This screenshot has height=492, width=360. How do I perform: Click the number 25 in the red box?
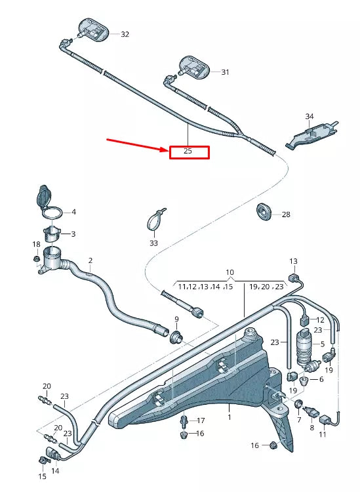pyautogui.click(x=188, y=152)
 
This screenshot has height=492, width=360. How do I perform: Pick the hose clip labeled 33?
pyautogui.click(x=155, y=220)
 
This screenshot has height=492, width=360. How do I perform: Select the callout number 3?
pyautogui.click(x=73, y=234)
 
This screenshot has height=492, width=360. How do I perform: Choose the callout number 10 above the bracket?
pyautogui.click(x=230, y=272)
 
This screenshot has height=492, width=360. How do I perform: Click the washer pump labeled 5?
pyautogui.click(x=304, y=346)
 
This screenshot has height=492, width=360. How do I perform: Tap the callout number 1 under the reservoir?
pyautogui.click(x=230, y=417)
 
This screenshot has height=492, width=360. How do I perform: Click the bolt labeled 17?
pyautogui.click(x=184, y=420)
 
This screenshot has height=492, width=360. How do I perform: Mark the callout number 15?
pyautogui.click(x=42, y=476)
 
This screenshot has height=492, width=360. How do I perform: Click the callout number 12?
pyautogui.click(x=321, y=319)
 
